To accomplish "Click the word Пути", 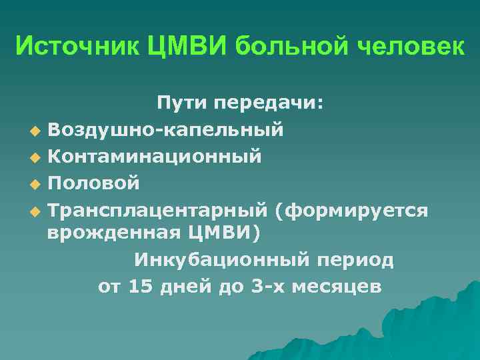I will tap(182, 103).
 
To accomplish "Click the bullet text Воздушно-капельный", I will tap(165, 129).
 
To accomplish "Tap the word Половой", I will tap(94, 182).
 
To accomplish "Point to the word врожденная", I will tap(109, 234).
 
